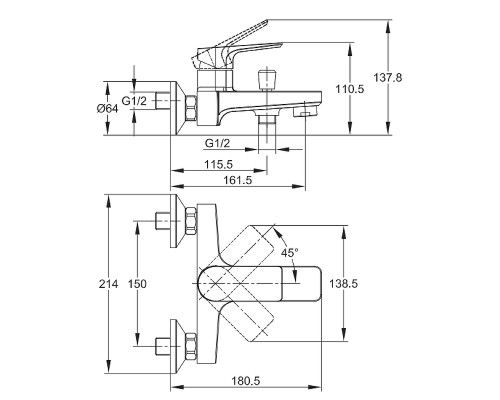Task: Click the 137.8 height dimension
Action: [x=388, y=78]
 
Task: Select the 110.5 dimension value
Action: [x=350, y=89]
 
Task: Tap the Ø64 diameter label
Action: [x=107, y=109]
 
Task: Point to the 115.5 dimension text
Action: [x=218, y=164]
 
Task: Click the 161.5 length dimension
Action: [x=238, y=180]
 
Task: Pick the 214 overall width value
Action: [x=109, y=284]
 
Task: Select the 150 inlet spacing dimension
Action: [x=137, y=284]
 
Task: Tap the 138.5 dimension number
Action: [x=343, y=284]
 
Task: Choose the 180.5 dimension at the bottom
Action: [x=246, y=380]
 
